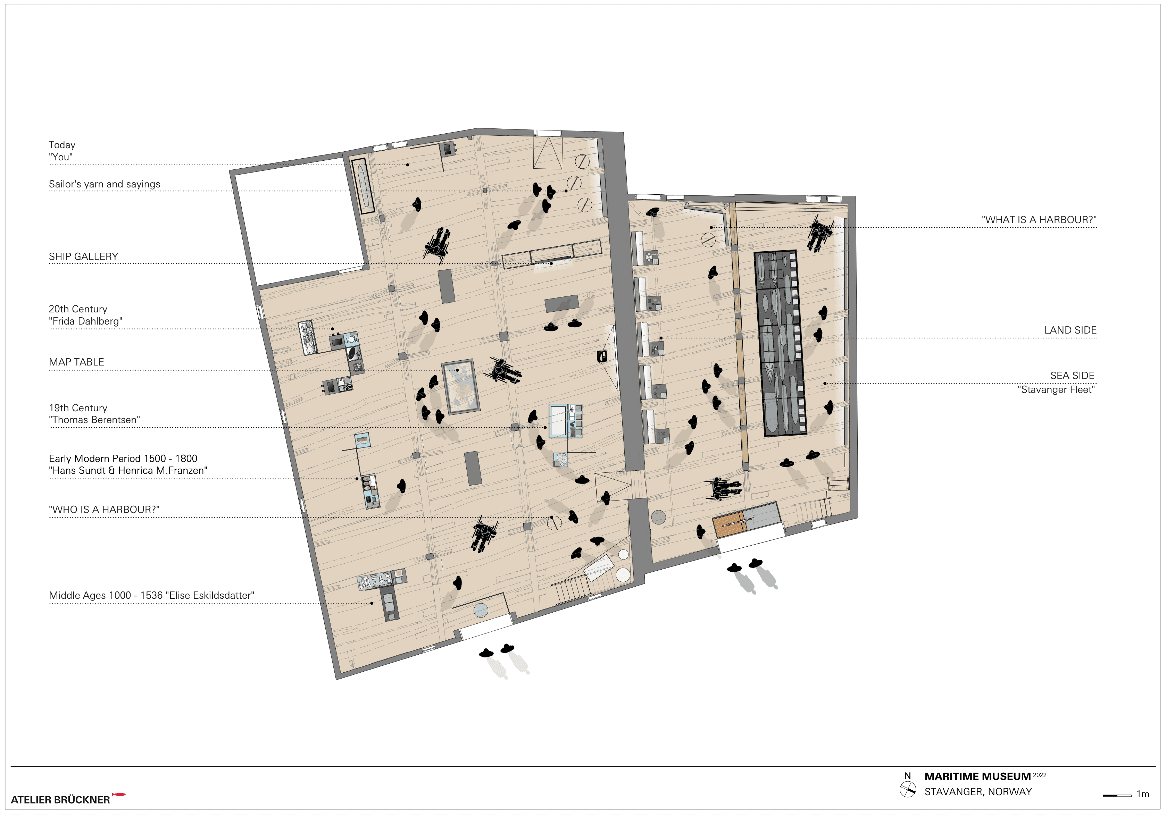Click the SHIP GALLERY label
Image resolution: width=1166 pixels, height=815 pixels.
[83, 257]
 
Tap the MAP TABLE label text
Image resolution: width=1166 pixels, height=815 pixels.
[76, 362]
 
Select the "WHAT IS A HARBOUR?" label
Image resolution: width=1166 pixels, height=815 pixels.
[1039, 220]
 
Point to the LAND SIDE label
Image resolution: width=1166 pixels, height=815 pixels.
[1070, 330]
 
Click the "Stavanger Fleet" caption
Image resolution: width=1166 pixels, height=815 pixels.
[1056, 389]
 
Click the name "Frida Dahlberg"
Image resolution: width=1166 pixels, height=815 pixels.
[86, 321]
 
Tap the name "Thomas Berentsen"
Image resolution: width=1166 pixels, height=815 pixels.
[94, 420]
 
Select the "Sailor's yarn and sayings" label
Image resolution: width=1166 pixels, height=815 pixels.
[105, 184]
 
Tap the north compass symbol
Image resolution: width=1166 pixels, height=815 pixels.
[908, 790]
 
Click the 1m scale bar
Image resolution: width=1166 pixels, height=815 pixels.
[1117, 795]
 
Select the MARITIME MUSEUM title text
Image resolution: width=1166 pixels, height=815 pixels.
[977, 776]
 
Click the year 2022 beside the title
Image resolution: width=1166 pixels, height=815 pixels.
[1040, 775]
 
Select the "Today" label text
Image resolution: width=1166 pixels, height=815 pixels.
[62, 145]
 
